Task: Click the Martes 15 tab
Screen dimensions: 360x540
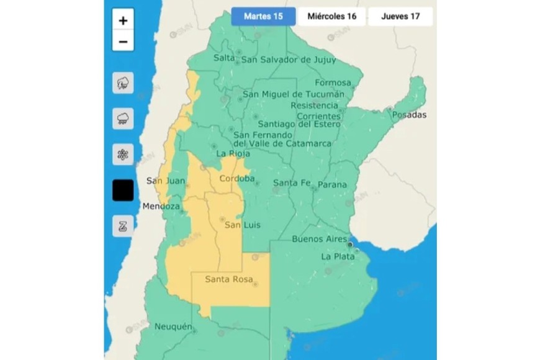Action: point(263,16)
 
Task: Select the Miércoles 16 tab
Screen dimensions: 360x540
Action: point(331,16)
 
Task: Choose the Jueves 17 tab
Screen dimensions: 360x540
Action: point(400,16)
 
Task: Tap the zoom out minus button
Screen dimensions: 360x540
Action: point(123,41)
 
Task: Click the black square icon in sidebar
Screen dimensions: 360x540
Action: point(123,191)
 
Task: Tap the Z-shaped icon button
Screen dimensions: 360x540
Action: point(123,226)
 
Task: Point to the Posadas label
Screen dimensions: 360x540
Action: point(410,115)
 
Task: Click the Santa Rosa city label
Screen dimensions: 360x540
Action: point(228,279)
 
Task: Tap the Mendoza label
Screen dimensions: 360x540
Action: point(161,206)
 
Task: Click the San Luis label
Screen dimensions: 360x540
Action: point(241,224)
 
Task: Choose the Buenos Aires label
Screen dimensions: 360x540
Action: point(318,239)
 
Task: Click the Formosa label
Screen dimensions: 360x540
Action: point(333,83)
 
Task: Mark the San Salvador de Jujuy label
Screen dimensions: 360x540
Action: point(288,60)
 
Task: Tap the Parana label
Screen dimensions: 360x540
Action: point(332,185)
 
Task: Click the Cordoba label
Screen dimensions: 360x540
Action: point(237,179)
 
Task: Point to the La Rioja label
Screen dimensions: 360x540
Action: point(233,153)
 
